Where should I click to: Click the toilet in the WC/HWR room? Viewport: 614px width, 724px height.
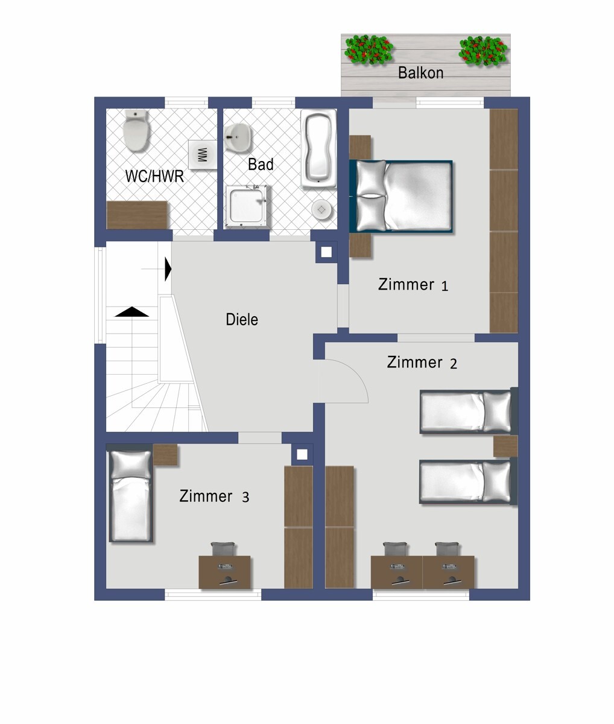click(x=136, y=130)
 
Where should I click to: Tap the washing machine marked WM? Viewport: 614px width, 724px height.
click(x=203, y=154)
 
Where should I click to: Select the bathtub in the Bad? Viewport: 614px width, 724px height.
click(x=318, y=148)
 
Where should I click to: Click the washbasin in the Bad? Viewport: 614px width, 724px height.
click(x=238, y=138)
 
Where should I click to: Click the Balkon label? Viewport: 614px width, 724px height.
click(x=420, y=73)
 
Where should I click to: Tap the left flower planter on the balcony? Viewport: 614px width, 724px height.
click(x=369, y=49)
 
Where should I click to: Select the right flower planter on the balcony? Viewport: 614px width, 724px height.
click(x=483, y=51)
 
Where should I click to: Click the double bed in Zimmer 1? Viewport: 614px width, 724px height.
click(x=402, y=196)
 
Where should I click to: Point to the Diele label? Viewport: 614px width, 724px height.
click(x=242, y=319)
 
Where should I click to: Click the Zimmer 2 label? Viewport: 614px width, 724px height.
click(x=422, y=363)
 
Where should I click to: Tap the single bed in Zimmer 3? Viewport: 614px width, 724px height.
click(x=131, y=493)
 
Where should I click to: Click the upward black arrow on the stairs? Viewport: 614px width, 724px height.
click(x=131, y=311)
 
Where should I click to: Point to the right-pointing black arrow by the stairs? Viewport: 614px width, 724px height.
click(x=168, y=269)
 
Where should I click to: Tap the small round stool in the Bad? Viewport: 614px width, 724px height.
click(x=321, y=209)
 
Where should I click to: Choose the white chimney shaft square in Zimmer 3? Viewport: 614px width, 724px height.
click(x=302, y=454)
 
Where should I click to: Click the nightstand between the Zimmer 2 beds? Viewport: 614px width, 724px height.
click(x=505, y=446)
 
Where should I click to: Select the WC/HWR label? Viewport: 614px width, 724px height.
click(x=154, y=176)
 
